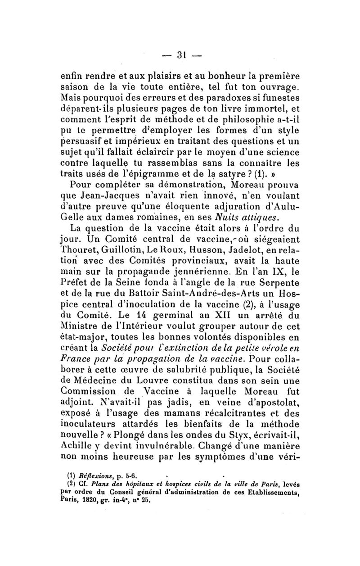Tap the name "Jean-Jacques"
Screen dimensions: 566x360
click(x=111, y=196)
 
